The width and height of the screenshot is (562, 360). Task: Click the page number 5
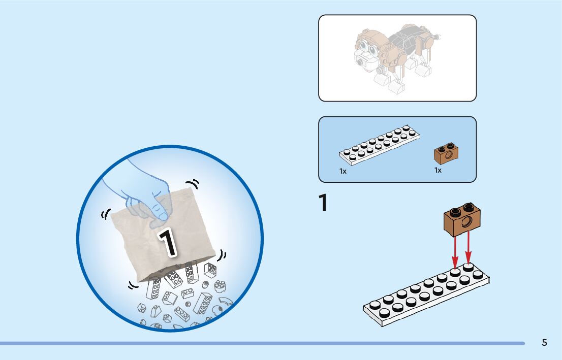click(x=544, y=343)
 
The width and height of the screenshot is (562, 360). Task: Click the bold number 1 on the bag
click(x=168, y=242)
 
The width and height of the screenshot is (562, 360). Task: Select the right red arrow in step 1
click(x=468, y=249)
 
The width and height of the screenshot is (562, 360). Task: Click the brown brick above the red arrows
click(x=463, y=219)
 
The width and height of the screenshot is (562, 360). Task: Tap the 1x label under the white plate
click(x=343, y=172)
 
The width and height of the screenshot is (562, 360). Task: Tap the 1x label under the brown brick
click(x=438, y=170)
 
